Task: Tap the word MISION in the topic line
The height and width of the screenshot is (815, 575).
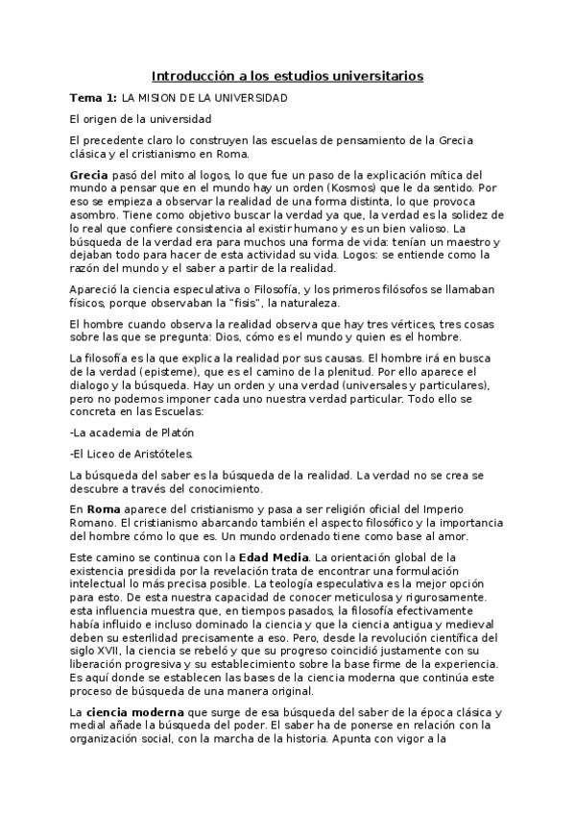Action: pos(159,98)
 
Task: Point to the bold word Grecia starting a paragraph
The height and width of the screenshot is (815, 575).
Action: pos(91,176)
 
